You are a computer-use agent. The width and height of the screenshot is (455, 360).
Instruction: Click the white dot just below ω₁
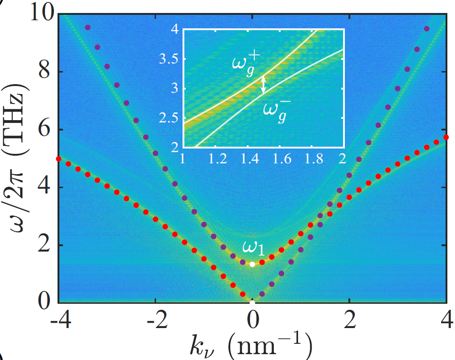coord(252,264)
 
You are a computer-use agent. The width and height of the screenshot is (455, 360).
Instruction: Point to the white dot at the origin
coord(252,302)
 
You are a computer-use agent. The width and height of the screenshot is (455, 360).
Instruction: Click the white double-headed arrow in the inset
coord(264,84)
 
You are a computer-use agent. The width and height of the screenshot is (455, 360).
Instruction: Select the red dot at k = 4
coord(446,137)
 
